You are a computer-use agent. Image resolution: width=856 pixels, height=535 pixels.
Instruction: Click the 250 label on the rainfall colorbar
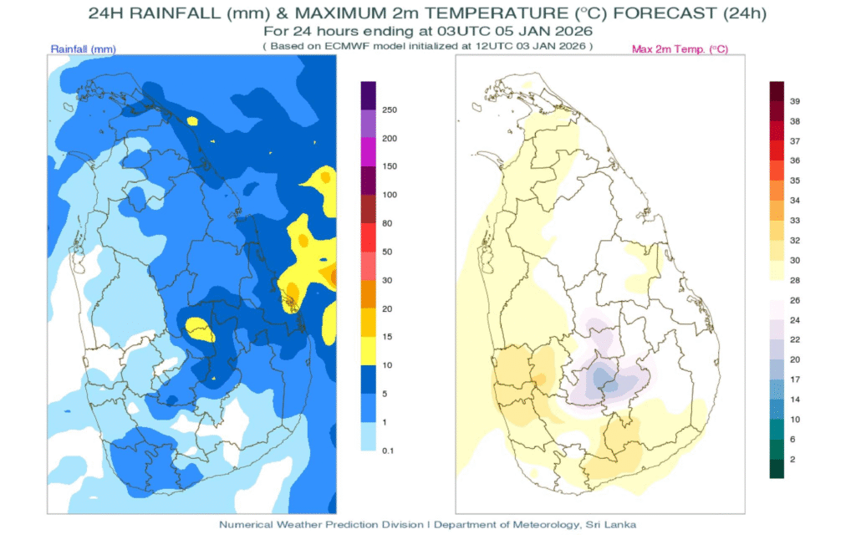coord(390,110)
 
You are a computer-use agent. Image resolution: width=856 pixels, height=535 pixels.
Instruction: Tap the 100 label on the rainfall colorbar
coord(390,195)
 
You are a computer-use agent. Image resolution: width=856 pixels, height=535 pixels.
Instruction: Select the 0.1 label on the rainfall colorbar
coord(389,451)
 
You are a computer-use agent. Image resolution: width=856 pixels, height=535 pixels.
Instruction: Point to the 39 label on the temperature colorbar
coord(796,101)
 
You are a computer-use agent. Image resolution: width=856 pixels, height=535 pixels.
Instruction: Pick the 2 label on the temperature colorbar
coord(793,459)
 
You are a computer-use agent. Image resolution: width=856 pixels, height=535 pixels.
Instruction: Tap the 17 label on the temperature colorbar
coord(796,379)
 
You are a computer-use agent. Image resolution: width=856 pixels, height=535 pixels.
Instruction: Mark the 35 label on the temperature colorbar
coord(796,181)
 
